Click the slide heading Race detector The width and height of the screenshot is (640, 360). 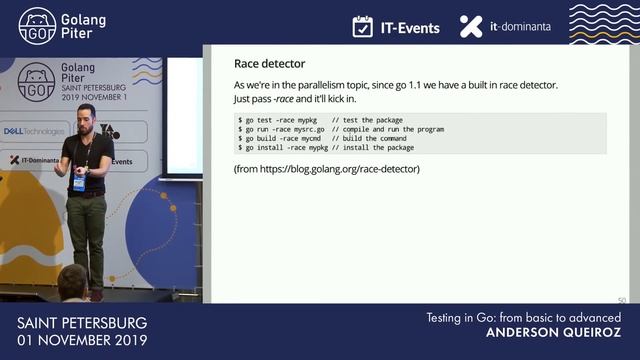(270, 64)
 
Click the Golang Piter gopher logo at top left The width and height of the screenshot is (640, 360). (37, 26)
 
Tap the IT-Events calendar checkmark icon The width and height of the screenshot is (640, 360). (363, 27)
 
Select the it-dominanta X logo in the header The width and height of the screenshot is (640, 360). (471, 27)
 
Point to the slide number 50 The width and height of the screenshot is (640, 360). (622, 300)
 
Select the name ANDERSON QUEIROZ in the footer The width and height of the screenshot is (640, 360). (554, 332)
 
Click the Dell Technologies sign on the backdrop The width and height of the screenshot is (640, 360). (35, 131)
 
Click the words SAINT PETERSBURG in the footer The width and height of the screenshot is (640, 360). (82, 324)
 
